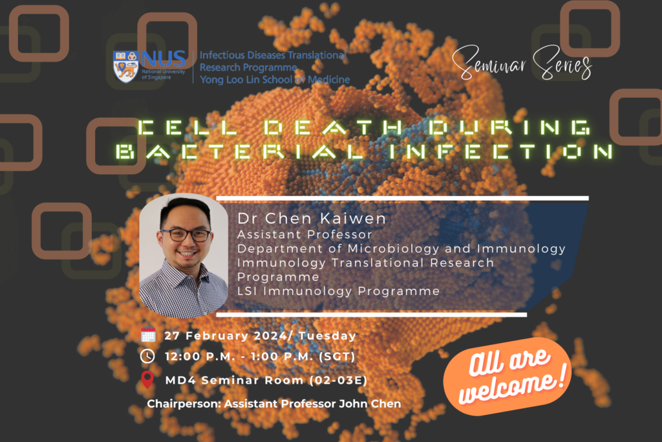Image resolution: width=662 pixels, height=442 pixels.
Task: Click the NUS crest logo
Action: click(x=125, y=67)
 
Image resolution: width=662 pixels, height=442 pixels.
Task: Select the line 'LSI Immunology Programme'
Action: click(x=338, y=291)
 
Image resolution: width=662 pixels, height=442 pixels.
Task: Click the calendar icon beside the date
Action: click(x=148, y=335)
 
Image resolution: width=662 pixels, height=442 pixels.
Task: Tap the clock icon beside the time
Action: click(x=148, y=357)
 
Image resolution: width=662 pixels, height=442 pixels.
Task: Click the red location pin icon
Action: click(x=148, y=380)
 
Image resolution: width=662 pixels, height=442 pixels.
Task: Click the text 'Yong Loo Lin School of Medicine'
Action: click(x=274, y=80)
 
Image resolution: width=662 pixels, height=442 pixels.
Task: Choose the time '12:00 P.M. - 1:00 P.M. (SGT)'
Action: click(x=259, y=357)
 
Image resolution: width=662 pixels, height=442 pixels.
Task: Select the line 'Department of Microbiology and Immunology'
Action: click(x=401, y=249)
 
